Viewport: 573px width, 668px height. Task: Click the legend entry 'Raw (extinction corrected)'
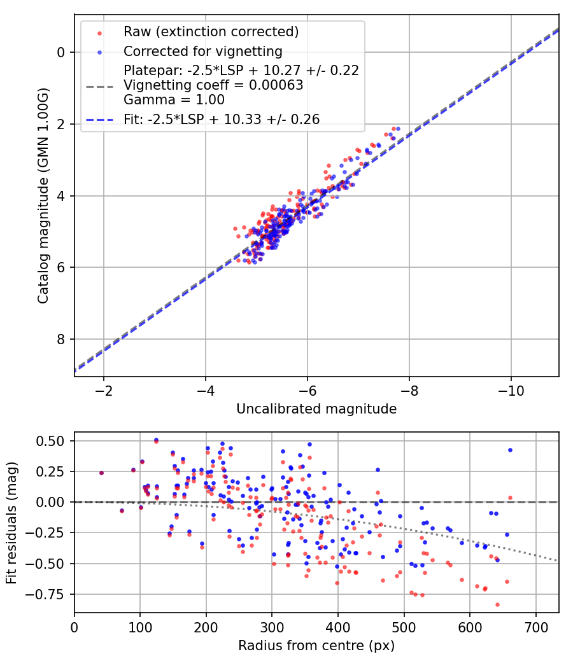pyautogui.click(x=211, y=32)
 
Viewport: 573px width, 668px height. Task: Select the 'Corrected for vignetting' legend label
pyautogui.click(x=203, y=51)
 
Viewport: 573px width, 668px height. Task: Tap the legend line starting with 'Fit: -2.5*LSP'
pyautogui.click(x=222, y=119)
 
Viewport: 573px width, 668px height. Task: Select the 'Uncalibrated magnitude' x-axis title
pyautogui.click(x=316, y=409)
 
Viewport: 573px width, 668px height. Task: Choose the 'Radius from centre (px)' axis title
pyautogui.click(x=316, y=646)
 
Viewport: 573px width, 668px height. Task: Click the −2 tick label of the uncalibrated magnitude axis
pyautogui.click(x=103, y=389)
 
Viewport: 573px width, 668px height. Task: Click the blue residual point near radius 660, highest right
pyautogui.click(x=510, y=450)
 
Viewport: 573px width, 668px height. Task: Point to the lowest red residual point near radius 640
pyautogui.click(x=497, y=604)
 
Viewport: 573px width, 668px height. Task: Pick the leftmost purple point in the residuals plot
pyautogui.click(x=101, y=473)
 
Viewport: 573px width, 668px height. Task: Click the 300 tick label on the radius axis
pyautogui.click(x=272, y=626)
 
